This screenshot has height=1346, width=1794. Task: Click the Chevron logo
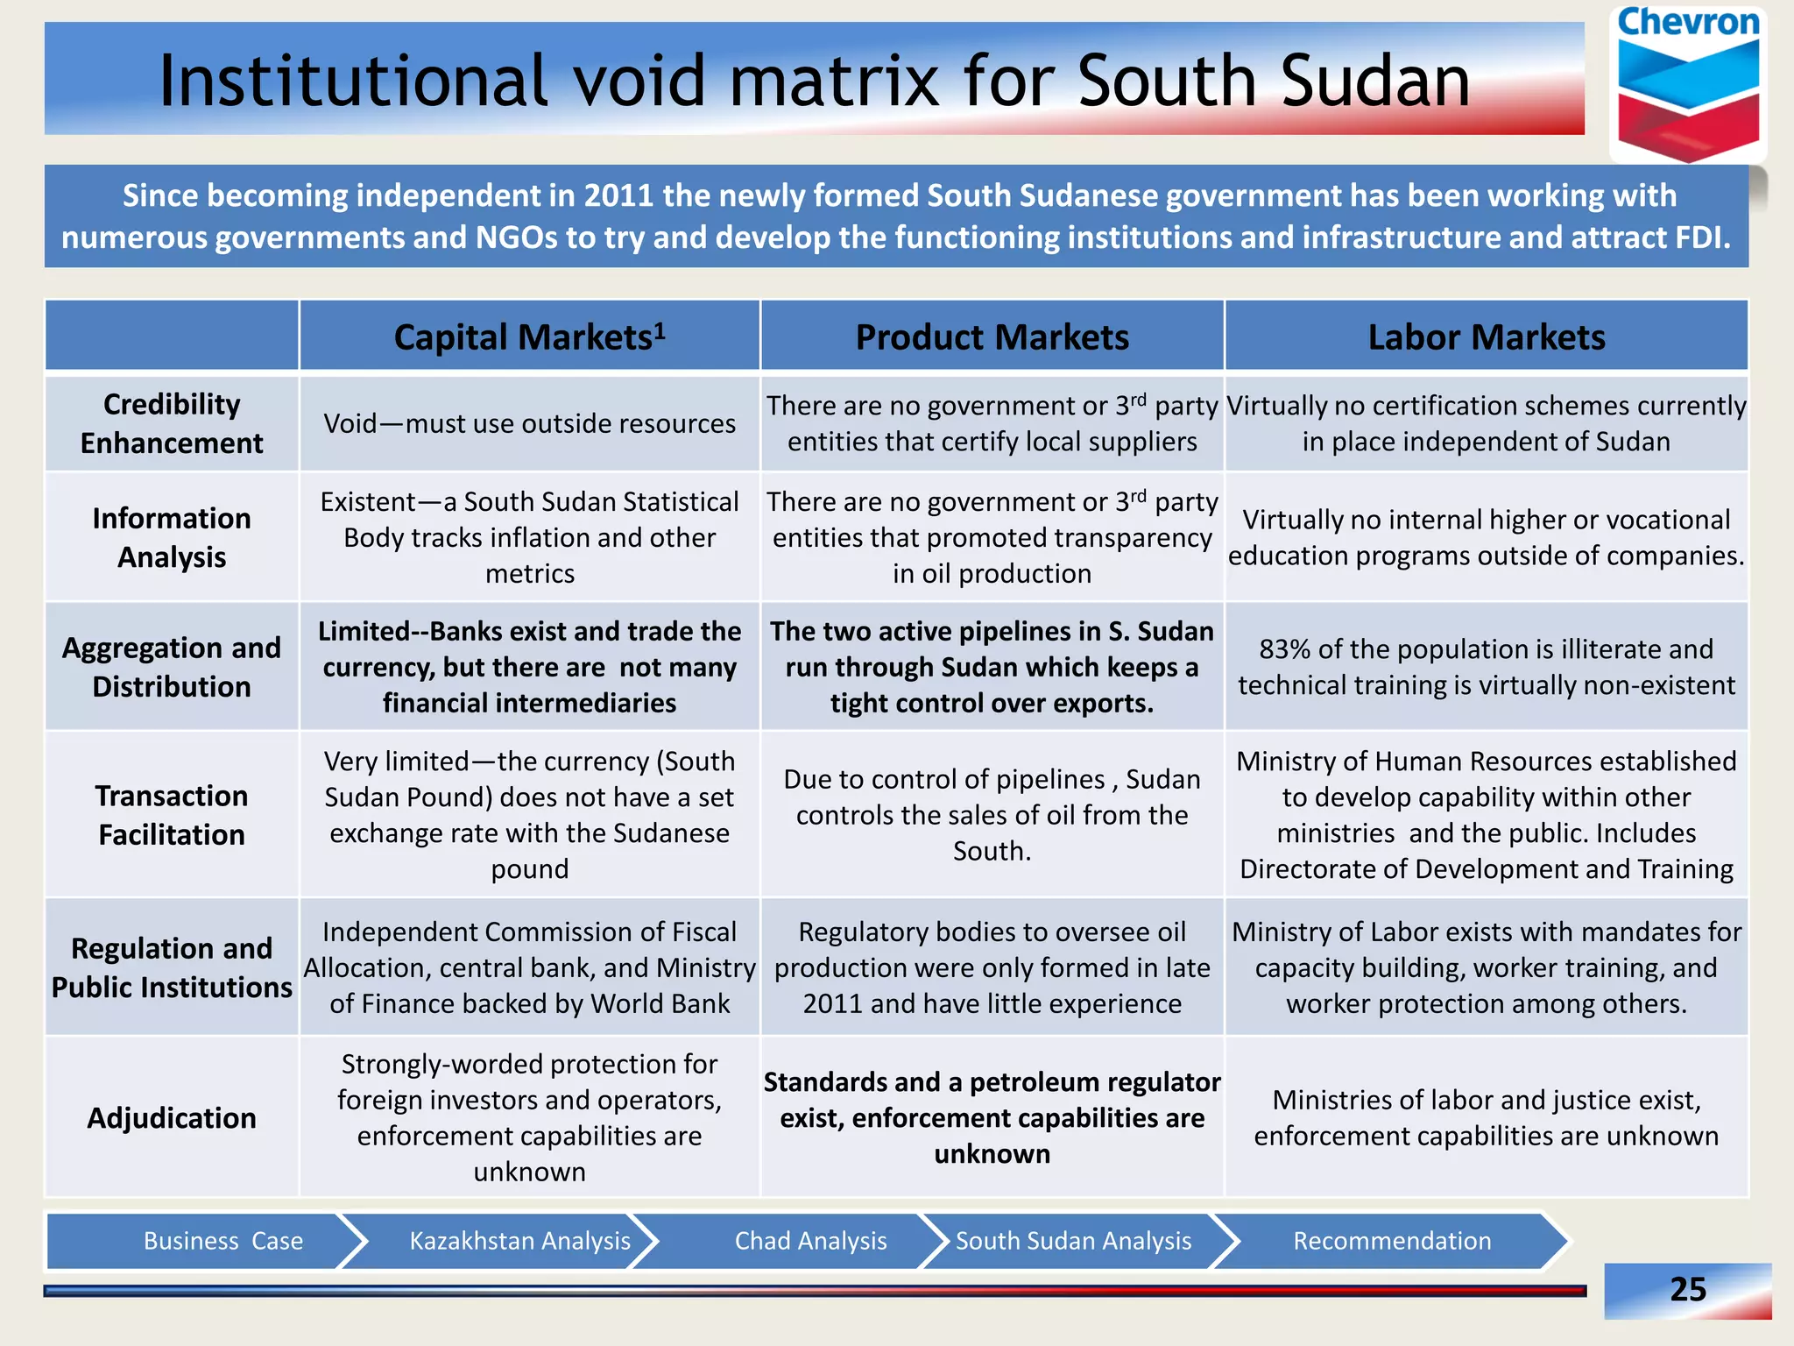(1688, 84)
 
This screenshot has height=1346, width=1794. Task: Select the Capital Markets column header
(529, 337)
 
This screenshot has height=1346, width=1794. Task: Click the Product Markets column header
(992, 337)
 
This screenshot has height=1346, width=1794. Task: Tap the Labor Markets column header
(1487, 337)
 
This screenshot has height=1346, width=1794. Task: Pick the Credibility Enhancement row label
(172, 423)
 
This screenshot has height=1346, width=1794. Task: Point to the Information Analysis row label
(172, 537)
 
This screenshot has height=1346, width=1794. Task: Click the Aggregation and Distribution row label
(172, 667)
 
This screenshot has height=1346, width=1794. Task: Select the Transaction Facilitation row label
(172, 815)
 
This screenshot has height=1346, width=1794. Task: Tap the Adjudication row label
(172, 1118)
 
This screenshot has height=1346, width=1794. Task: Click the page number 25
(1688, 1289)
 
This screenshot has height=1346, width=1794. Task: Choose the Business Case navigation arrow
(222, 1241)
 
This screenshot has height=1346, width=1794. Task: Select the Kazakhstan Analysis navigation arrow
(519, 1241)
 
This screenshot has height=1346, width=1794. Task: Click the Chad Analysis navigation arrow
(810, 1241)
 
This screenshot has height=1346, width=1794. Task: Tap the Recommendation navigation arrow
(1392, 1241)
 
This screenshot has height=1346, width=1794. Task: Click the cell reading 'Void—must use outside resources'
(529, 424)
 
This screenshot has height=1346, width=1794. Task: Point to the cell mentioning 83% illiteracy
(1487, 667)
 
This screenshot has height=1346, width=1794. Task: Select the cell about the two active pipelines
(992, 667)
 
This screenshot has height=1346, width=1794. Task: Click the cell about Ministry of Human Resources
(1487, 815)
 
